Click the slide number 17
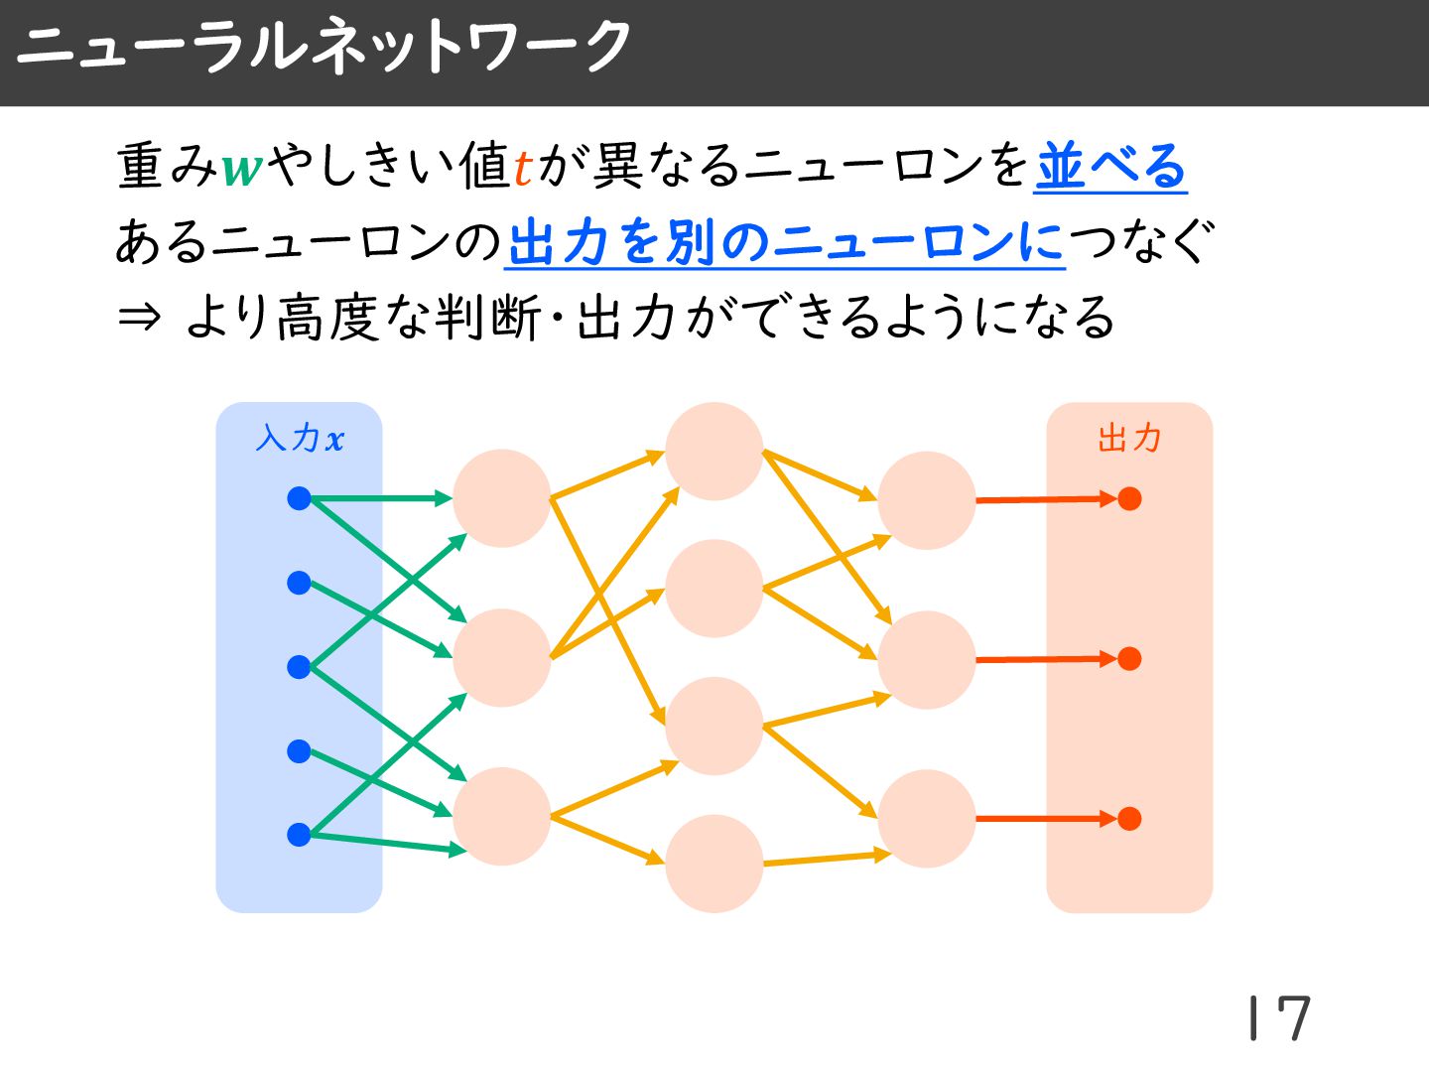[x=1280, y=1018]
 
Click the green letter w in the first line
[x=242, y=167]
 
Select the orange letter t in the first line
[x=523, y=167]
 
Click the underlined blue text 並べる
[x=1110, y=166]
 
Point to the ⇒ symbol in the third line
[x=139, y=318]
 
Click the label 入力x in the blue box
[x=299, y=438]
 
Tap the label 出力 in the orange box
[x=1129, y=438]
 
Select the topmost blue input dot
[x=299, y=498]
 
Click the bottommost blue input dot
[x=299, y=835]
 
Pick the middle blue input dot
[x=299, y=667]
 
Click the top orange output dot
[x=1129, y=498]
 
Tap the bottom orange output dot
[x=1129, y=819]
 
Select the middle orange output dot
[x=1129, y=658]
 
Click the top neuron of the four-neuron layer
[x=714, y=452]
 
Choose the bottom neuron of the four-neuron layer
[x=714, y=864]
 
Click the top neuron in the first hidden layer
[x=501, y=498]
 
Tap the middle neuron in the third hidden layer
[x=926, y=660]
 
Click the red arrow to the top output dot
[x=1042, y=499]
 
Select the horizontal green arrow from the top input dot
[x=377, y=498]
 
